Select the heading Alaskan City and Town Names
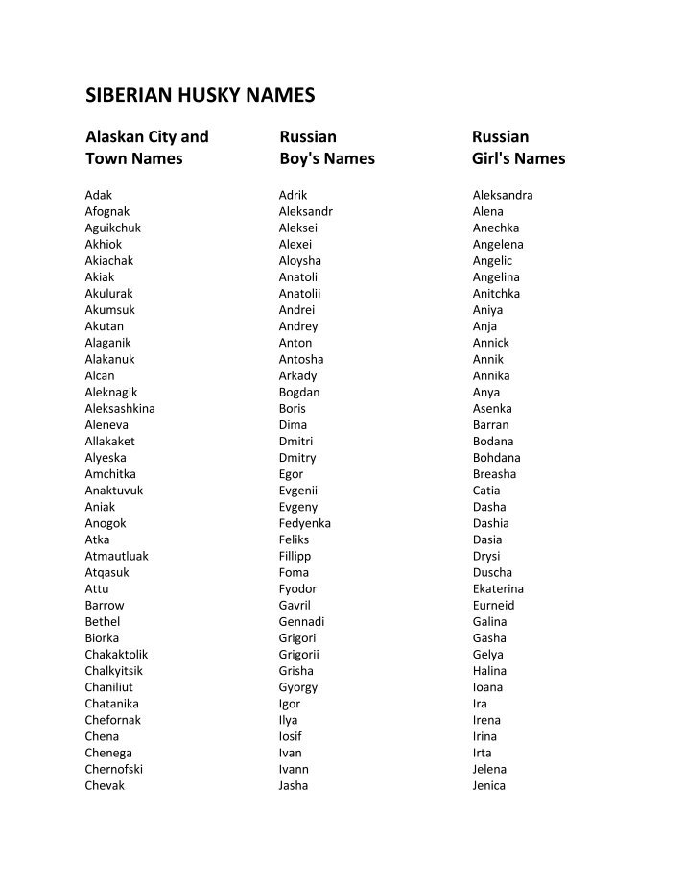pyautogui.click(x=147, y=148)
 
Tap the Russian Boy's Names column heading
pyautogui.click(x=326, y=148)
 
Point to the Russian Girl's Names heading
pyautogui.click(x=518, y=148)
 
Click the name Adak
pyautogui.click(x=98, y=195)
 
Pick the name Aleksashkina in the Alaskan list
pyautogui.click(x=119, y=408)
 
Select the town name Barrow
pyautogui.click(x=104, y=605)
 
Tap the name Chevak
pyautogui.click(x=105, y=785)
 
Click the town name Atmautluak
pyautogui.click(x=116, y=556)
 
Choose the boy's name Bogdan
pyautogui.click(x=299, y=392)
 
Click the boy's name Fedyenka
pyautogui.click(x=304, y=523)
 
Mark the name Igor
pyautogui.click(x=289, y=704)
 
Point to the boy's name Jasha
pyautogui.click(x=294, y=785)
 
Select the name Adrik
pyautogui.click(x=294, y=195)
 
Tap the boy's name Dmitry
pyautogui.click(x=297, y=458)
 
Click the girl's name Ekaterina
pyautogui.click(x=498, y=588)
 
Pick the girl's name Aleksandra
pyautogui.click(x=503, y=195)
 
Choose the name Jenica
pyautogui.click(x=488, y=785)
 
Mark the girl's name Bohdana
pyautogui.click(x=496, y=458)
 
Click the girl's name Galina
pyautogui.click(x=489, y=621)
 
